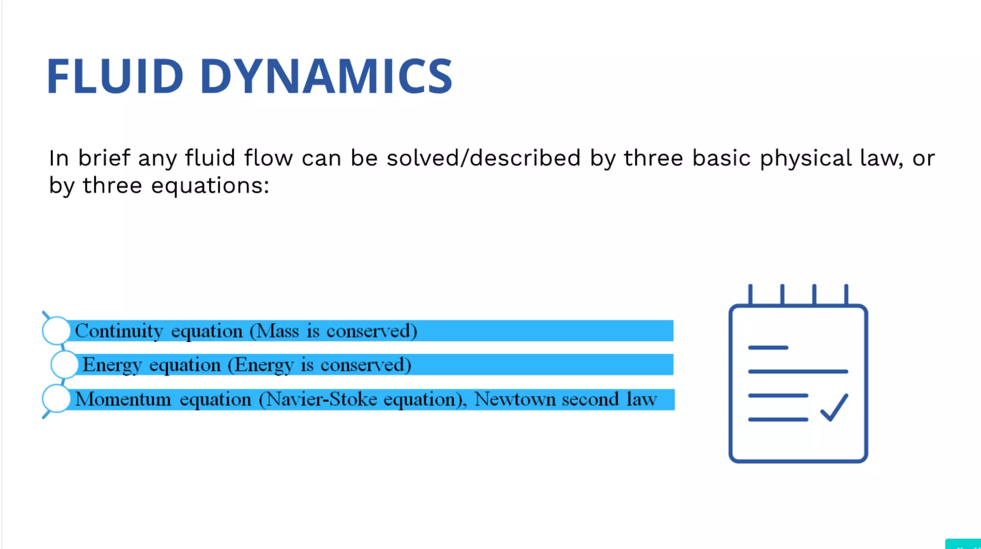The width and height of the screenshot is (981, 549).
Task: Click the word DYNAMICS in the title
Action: (x=326, y=76)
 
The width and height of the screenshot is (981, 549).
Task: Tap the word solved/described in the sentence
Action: (x=483, y=158)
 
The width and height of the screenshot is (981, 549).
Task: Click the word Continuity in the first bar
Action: (x=119, y=331)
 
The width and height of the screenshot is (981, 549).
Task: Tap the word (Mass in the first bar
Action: (x=274, y=331)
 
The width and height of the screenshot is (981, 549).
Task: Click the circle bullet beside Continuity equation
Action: (x=57, y=330)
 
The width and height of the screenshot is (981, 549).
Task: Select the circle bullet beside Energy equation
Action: (x=64, y=365)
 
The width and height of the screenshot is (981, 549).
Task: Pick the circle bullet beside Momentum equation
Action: (x=57, y=399)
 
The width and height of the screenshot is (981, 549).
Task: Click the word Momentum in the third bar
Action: (x=123, y=400)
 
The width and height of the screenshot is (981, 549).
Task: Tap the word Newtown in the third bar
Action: (x=514, y=400)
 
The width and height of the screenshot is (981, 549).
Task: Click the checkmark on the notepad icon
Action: (x=834, y=407)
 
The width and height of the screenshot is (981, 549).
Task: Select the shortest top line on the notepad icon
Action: (x=768, y=348)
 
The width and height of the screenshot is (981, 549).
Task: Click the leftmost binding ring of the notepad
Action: (x=750, y=294)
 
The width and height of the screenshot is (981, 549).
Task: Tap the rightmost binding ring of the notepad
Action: (x=846, y=294)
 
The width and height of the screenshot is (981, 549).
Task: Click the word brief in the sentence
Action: (x=104, y=158)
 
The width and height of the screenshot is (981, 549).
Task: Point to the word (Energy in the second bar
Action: (x=261, y=365)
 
